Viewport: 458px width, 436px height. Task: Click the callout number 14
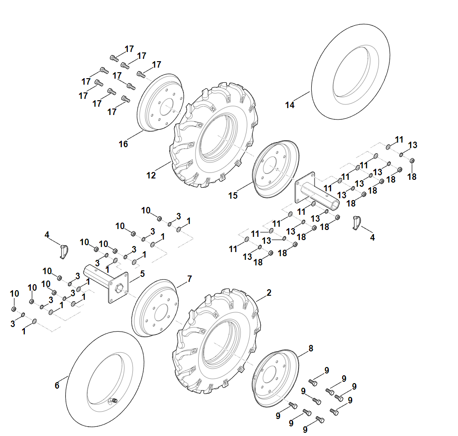pyautogui.click(x=290, y=105)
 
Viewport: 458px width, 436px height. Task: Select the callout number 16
pyautogui.click(x=123, y=144)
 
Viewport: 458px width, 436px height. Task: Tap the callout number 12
pyautogui.click(x=151, y=175)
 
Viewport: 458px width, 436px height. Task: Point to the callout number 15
pyautogui.click(x=233, y=195)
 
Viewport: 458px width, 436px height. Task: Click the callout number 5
pyautogui.click(x=142, y=274)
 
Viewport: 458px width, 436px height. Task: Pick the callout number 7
pyautogui.click(x=189, y=279)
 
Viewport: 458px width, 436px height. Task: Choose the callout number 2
pyautogui.click(x=269, y=293)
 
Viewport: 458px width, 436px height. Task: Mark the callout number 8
pyautogui.click(x=311, y=348)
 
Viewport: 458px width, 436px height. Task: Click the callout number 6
pyautogui.click(x=57, y=385)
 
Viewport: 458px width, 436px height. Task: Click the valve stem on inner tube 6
pyautogui.click(x=114, y=400)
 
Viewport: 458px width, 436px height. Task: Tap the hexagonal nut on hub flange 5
pyautogui.click(x=119, y=288)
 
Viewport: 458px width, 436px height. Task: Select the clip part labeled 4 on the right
pyautogui.click(x=357, y=223)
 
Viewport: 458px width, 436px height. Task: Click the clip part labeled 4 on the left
pyautogui.click(x=63, y=252)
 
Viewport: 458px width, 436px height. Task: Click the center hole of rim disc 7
pyautogui.click(x=161, y=312)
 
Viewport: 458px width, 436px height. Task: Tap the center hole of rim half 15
pyautogui.click(x=270, y=165)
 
